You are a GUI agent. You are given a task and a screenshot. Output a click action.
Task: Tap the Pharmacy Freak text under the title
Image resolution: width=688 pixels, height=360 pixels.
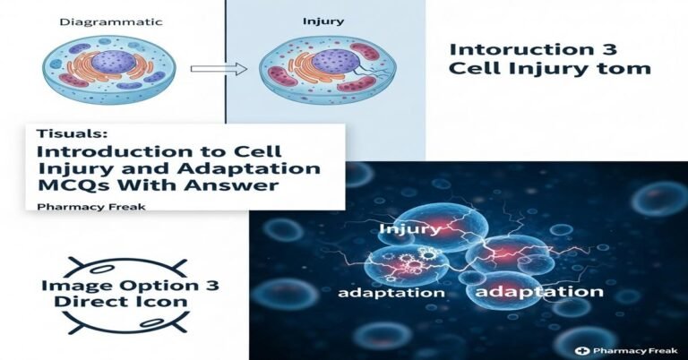(79, 206)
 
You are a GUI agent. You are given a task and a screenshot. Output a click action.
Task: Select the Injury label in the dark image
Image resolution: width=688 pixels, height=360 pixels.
(409, 229)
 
